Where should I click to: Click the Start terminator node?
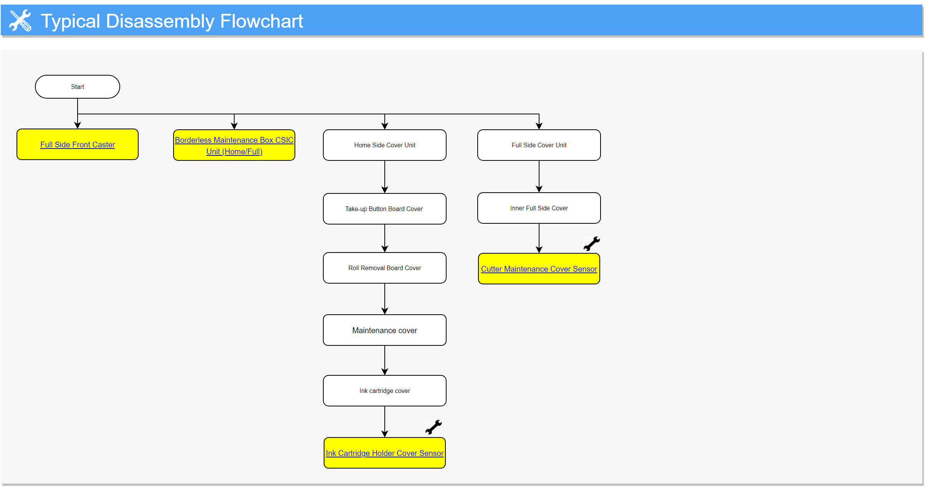click(x=77, y=87)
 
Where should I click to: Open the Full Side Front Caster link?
click(x=77, y=145)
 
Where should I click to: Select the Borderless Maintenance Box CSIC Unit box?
click(x=234, y=145)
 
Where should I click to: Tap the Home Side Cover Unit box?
click(x=384, y=145)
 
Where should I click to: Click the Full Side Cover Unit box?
click(x=539, y=145)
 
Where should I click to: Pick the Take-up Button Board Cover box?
click(x=384, y=209)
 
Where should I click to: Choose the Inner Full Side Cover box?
click(x=539, y=208)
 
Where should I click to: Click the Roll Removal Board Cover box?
click(x=384, y=268)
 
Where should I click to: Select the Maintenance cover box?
click(x=384, y=330)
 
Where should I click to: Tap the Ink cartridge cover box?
click(x=384, y=391)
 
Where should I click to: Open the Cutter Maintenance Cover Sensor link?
click(x=539, y=269)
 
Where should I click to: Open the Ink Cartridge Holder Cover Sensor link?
click(x=384, y=453)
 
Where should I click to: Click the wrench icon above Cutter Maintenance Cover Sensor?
click(x=591, y=244)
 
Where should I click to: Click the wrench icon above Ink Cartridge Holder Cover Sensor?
click(x=434, y=427)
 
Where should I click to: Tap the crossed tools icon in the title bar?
click(x=20, y=20)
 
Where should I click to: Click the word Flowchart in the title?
click(x=261, y=21)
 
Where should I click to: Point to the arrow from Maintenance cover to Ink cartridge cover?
click(x=385, y=360)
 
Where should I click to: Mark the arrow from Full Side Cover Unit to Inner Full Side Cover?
click(x=539, y=177)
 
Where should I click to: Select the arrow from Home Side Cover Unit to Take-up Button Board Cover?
click(x=385, y=177)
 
